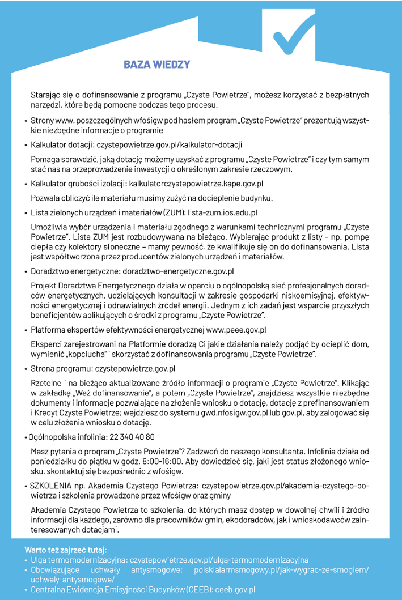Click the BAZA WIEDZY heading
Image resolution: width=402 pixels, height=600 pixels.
pyautogui.click(x=156, y=64)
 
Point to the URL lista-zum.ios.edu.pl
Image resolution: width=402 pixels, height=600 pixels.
pyautogui.click(x=223, y=212)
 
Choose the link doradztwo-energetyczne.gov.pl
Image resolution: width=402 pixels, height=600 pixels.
pyautogui.click(x=184, y=271)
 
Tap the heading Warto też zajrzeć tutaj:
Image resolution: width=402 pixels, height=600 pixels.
pyautogui.click(x=66, y=550)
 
